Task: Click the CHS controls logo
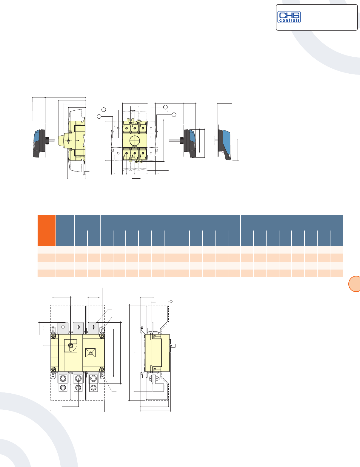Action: tap(289, 17)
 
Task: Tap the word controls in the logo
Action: tap(289, 21)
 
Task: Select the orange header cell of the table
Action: tap(47, 230)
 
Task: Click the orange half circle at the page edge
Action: tap(355, 284)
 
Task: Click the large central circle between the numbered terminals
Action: tap(135, 140)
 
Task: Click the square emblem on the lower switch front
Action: tap(90, 352)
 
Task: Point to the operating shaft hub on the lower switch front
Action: tap(71, 346)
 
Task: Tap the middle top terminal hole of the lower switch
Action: tap(78, 327)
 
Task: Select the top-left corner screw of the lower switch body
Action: tap(53, 336)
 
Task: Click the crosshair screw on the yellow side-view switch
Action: tap(68, 140)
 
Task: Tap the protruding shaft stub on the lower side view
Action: tap(173, 346)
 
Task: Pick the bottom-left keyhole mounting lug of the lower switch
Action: tap(53, 375)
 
